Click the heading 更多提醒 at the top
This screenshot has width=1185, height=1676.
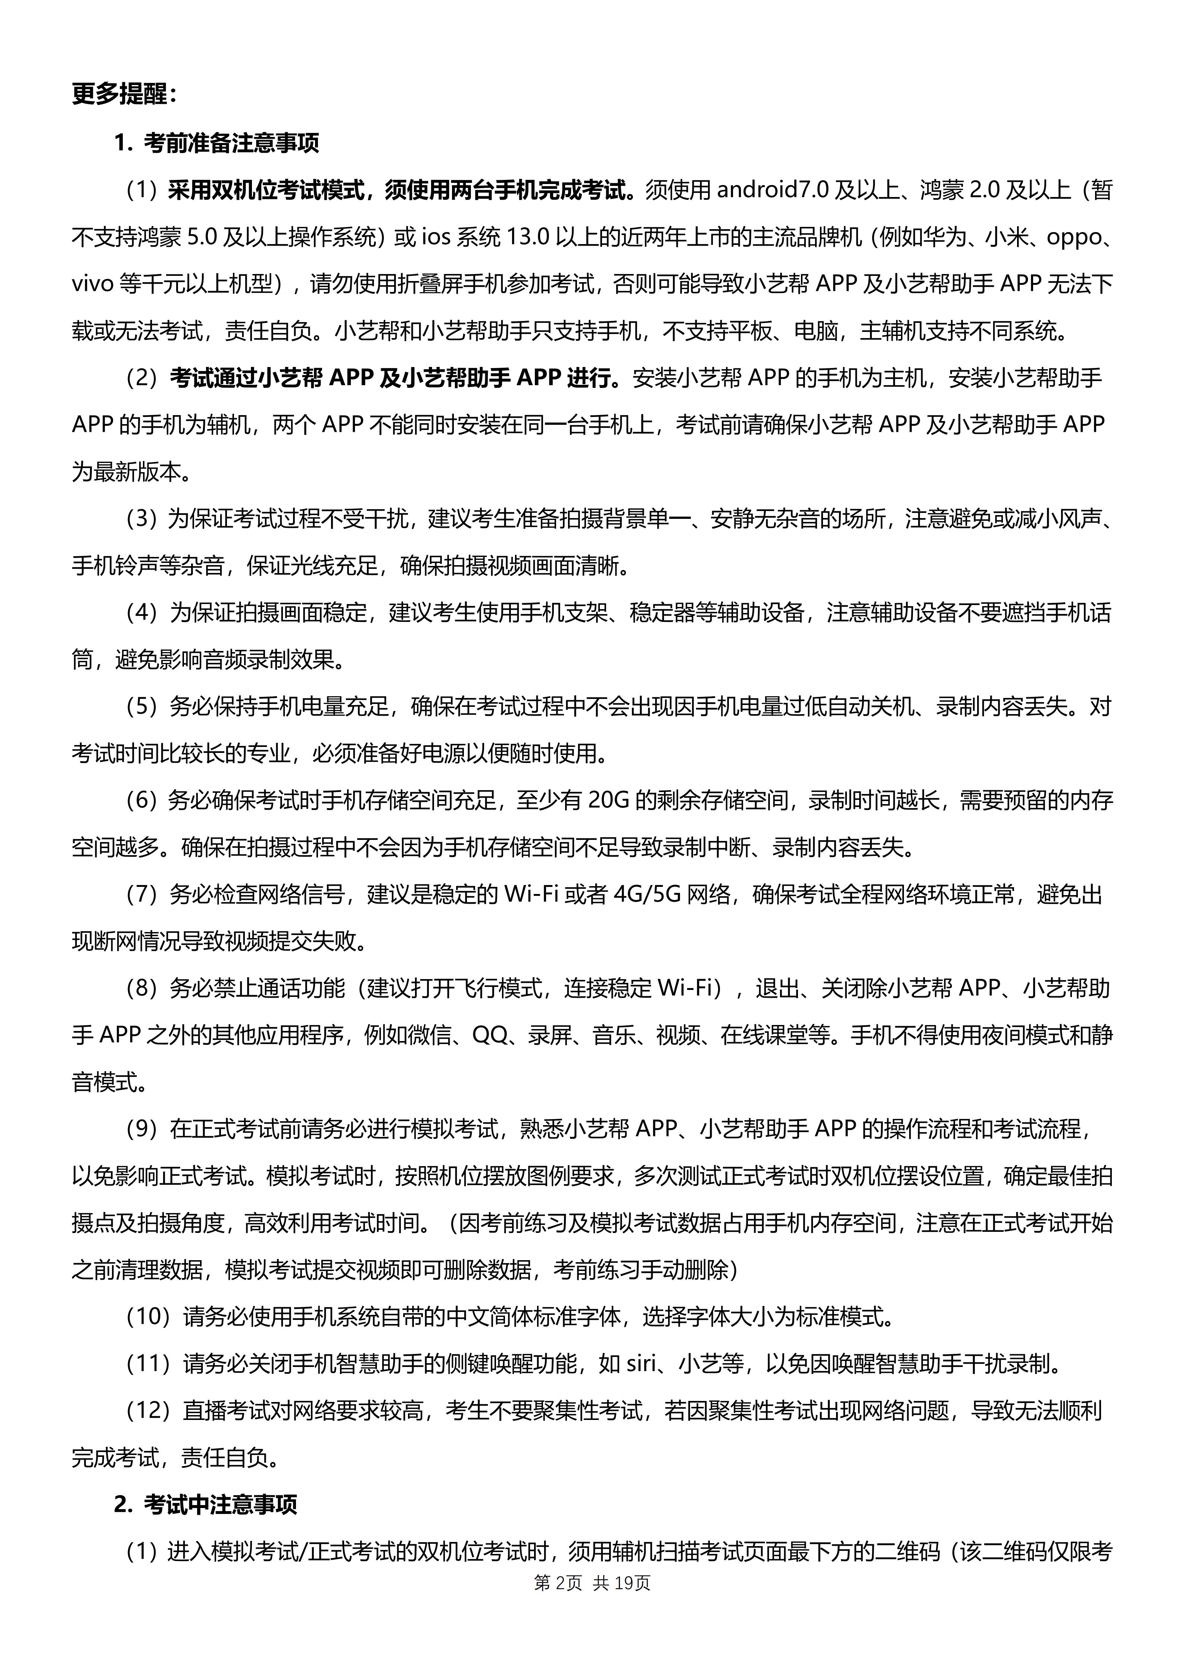[124, 95]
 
